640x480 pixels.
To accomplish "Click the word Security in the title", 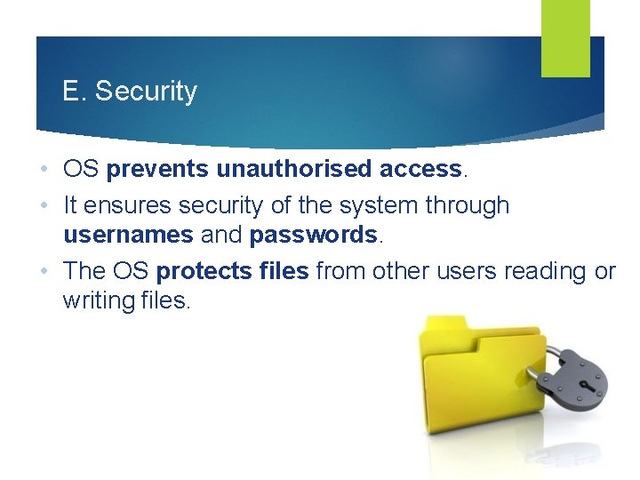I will coord(146,92).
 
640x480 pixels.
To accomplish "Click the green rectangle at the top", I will coord(565,37).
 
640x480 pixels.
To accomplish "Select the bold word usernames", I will coord(127,235).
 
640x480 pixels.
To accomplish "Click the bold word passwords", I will coord(313,235).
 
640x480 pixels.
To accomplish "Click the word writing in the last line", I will coord(95,300).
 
